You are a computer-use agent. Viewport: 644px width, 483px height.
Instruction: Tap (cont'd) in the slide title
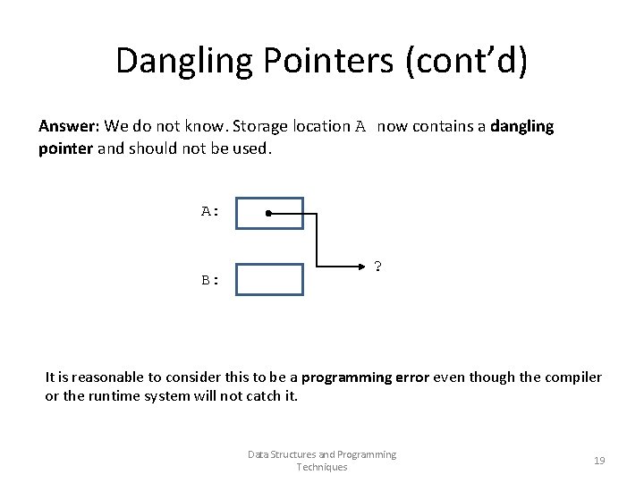tap(467, 61)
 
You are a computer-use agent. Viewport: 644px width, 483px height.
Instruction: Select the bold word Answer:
tap(70, 126)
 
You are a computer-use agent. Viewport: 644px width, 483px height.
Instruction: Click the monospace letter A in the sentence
tap(360, 126)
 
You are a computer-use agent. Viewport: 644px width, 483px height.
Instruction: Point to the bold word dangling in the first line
tap(522, 126)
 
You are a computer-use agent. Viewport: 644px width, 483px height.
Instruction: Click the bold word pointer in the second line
tap(65, 148)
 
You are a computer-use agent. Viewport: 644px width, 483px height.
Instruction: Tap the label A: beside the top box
tap(210, 212)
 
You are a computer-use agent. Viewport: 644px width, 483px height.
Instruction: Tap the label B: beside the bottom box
tap(210, 279)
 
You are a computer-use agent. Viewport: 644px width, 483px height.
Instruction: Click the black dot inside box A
tap(268, 214)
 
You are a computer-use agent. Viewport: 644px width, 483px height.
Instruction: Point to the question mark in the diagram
tap(378, 267)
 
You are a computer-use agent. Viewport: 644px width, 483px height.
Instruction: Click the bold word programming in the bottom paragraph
tap(352, 377)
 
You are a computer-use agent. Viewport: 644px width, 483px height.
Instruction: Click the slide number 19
tap(599, 461)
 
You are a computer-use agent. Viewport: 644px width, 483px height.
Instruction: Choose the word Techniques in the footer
tap(322, 467)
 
